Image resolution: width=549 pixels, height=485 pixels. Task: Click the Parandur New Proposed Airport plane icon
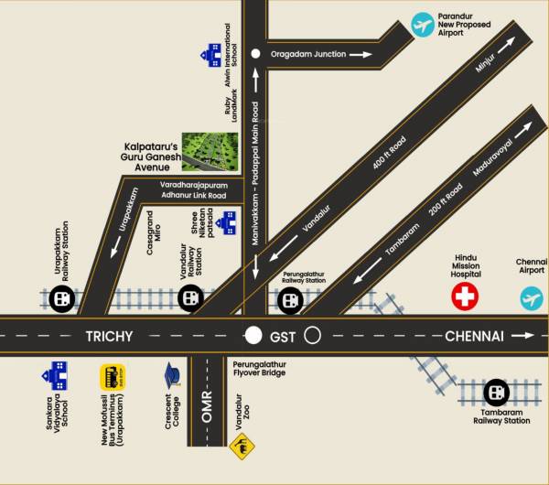pos(422,25)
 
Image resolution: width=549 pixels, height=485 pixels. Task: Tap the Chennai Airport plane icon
pos(532,297)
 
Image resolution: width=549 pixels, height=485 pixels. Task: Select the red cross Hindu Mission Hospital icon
pos(466,296)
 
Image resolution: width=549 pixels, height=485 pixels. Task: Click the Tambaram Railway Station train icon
pos(496,393)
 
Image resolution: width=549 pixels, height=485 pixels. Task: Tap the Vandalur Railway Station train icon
pos(189,296)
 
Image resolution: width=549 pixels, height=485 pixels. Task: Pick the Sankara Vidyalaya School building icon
pos(54,374)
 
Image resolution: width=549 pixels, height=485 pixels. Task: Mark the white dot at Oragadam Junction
pos(256,55)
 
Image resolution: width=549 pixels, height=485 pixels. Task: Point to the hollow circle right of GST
pos(312,336)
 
